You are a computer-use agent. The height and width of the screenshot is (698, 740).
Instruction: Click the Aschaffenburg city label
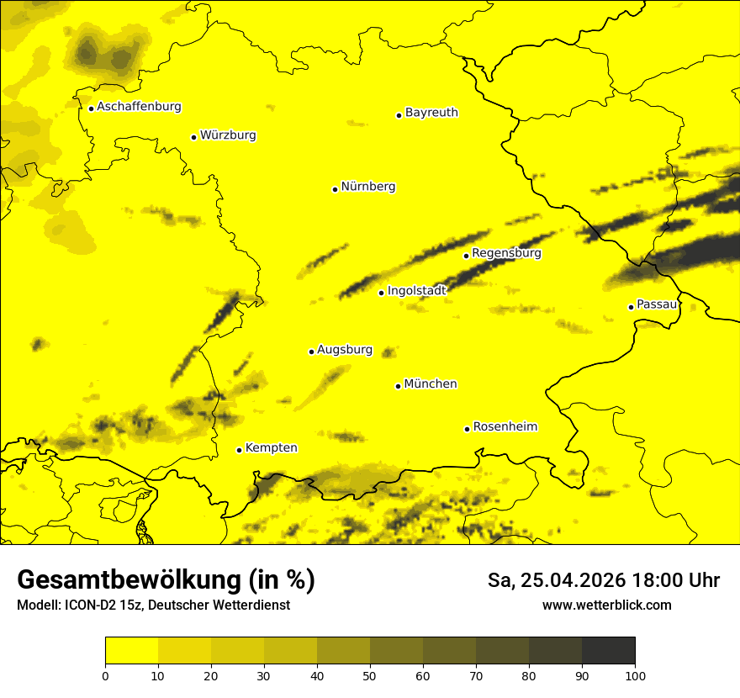tap(139, 107)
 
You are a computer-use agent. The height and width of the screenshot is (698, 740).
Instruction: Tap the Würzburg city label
tap(228, 135)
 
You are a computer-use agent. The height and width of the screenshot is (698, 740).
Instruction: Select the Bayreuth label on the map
tap(431, 113)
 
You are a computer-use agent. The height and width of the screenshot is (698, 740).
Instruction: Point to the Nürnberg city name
tap(368, 187)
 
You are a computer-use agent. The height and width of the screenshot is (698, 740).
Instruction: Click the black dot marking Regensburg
tap(466, 255)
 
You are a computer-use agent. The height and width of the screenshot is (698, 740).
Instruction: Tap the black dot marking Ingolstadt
tap(381, 293)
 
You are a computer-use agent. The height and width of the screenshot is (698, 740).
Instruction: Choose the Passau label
tap(657, 304)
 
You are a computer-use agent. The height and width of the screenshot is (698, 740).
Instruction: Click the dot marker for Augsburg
tap(311, 352)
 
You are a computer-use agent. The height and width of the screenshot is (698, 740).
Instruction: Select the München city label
tap(431, 384)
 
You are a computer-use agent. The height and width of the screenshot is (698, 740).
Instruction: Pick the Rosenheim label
tap(505, 427)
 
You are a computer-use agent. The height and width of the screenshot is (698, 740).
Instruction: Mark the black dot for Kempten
tap(239, 450)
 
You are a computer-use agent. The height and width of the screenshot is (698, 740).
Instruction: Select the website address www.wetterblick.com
tap(607, 605)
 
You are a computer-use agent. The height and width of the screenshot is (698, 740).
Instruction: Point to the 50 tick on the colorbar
tap(370, 675)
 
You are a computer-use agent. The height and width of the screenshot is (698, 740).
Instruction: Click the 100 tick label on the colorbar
tap(635, 675)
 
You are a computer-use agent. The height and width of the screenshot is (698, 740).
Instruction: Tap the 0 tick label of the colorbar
tap(105, 675)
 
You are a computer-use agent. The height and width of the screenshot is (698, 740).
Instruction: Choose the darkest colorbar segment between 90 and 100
tap(608, 651)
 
